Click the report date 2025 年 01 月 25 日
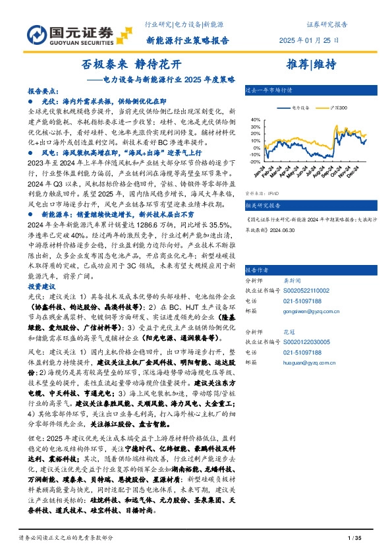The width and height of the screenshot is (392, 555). click(x=309, y=40)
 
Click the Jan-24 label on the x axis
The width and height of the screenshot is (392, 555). click(x=258, y=172)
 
